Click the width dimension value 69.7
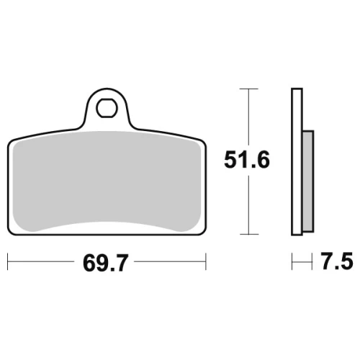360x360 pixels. pyautogui.click(x=106, y=263)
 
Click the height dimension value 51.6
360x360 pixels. pyautogui.click(x=247, y=159)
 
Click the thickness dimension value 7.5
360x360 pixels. pyautogui.click(x=337, y=261)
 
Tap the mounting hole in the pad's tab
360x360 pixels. pyautogui.click(x=107, y=108)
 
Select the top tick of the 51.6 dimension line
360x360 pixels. pyautogui.click(x=249, y=89)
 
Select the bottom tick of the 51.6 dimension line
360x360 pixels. pyautogui.click(x=249, y=234)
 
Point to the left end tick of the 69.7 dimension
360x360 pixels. pyautogui.click(x=8, y=261)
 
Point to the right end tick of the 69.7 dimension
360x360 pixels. pyautogui.click(x=206, y=261)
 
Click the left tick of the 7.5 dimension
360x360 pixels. pyautogui.click(x=292, y=261)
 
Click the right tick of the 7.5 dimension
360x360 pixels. pyautogui.click(x=312, y=261)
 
